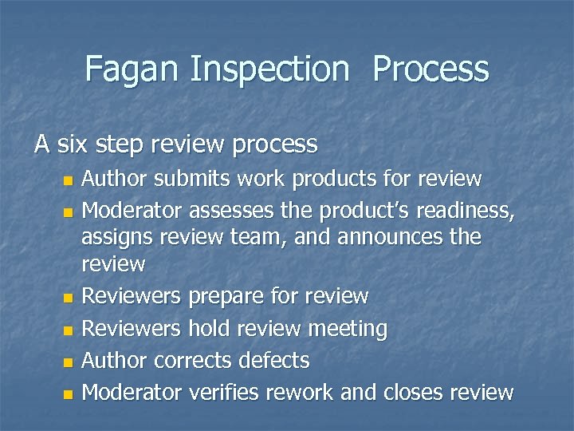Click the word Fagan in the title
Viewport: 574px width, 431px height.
[x=133, y=69]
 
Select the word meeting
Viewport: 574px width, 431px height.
[x=348, y=328]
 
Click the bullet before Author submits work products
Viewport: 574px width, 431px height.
[x=68, y=180]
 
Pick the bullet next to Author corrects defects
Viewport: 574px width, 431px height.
[x=68, y=362]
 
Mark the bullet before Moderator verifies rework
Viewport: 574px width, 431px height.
[x=68, y=393]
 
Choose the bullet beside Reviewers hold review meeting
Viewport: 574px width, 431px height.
[x=68, y=330]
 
